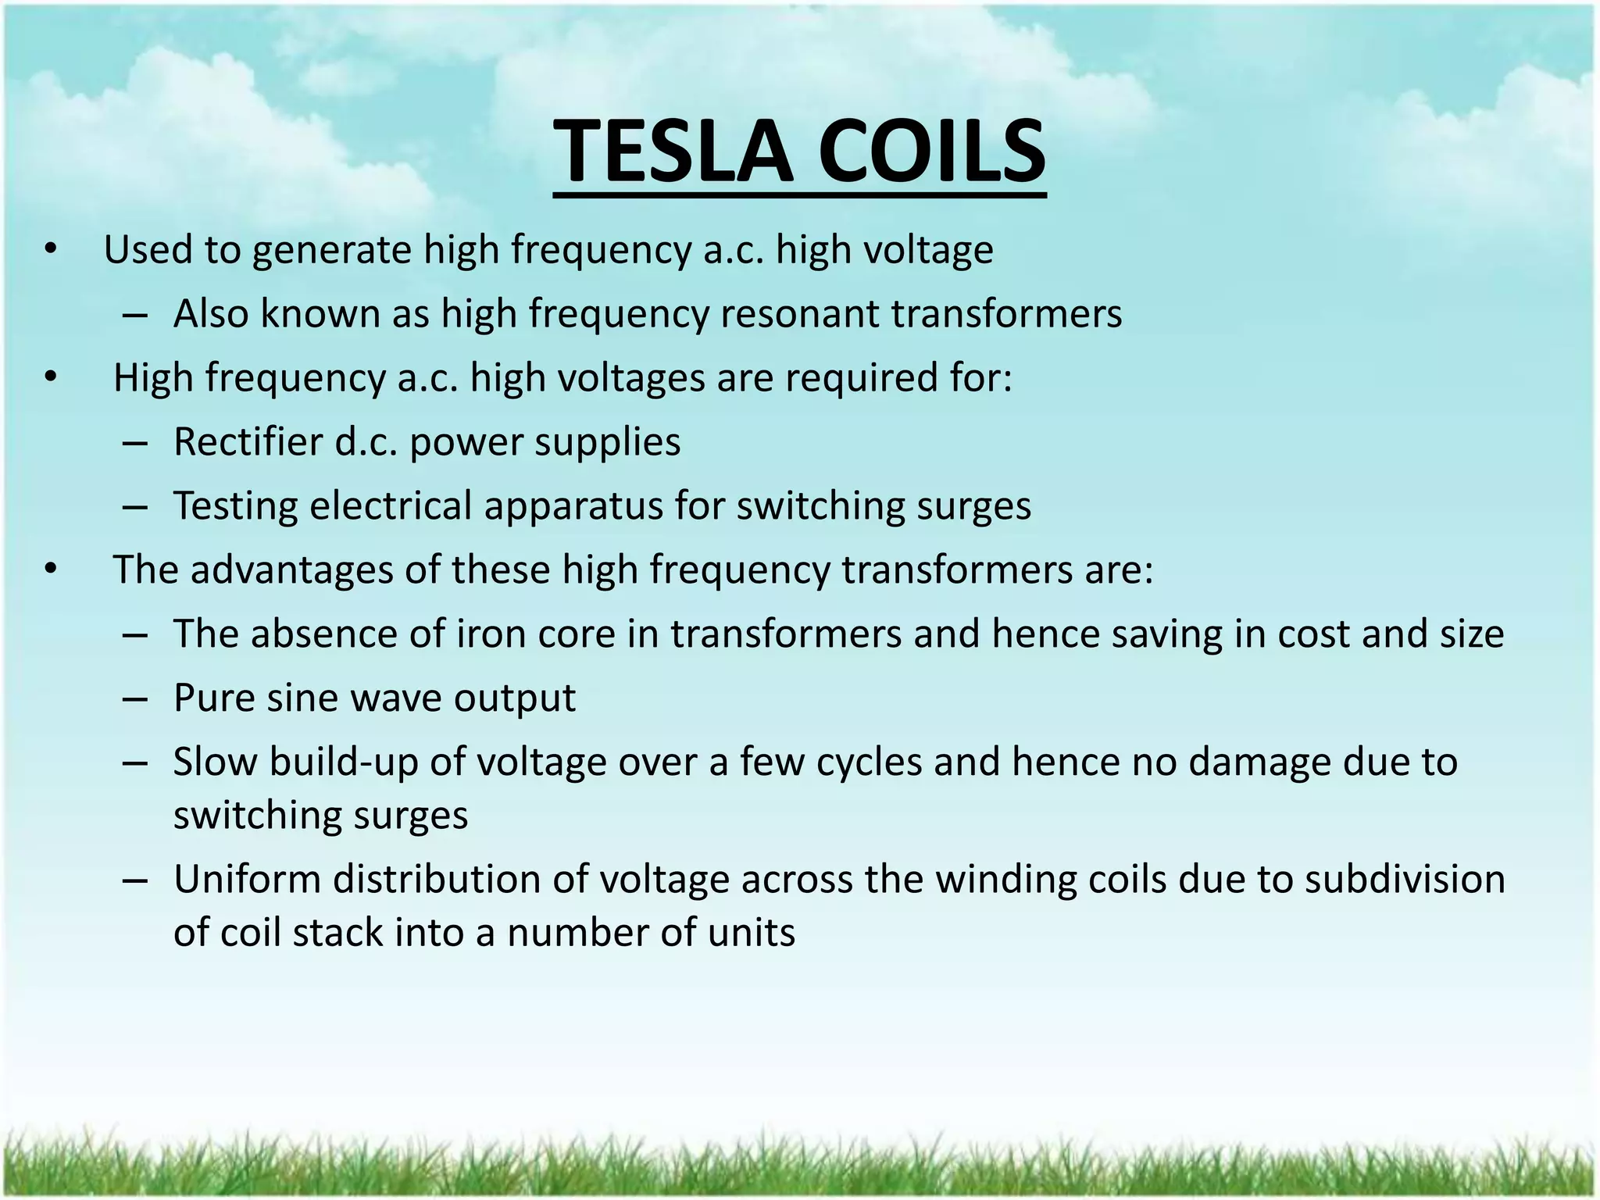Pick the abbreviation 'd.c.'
tap(366, 442)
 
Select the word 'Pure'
tap(213, 698)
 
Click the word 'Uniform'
tap(247, 879)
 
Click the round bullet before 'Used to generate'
tap(51, 250)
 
